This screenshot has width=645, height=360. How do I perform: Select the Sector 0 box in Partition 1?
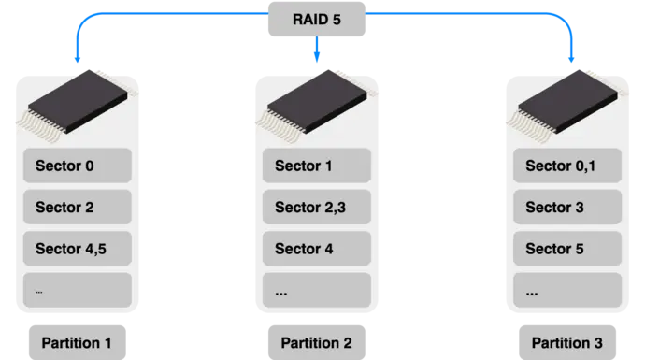78,166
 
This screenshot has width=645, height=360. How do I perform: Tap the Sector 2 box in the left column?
78,208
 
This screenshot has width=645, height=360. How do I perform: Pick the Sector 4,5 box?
78,249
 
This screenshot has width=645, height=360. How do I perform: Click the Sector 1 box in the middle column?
317,166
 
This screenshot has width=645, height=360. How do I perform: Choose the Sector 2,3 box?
317,208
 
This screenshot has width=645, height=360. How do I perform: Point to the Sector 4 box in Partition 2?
317,249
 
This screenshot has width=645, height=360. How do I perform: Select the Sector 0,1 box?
567,166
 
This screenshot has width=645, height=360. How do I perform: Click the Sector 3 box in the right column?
567,208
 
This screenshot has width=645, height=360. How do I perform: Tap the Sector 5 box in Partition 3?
567,249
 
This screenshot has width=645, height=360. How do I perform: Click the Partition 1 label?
77,342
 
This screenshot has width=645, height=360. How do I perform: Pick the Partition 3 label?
566,342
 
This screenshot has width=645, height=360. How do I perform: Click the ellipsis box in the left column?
78,290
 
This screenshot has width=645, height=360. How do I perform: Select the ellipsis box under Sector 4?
317,290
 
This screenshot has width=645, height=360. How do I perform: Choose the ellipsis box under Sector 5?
567,290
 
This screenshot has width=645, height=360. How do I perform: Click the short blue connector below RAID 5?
319,52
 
